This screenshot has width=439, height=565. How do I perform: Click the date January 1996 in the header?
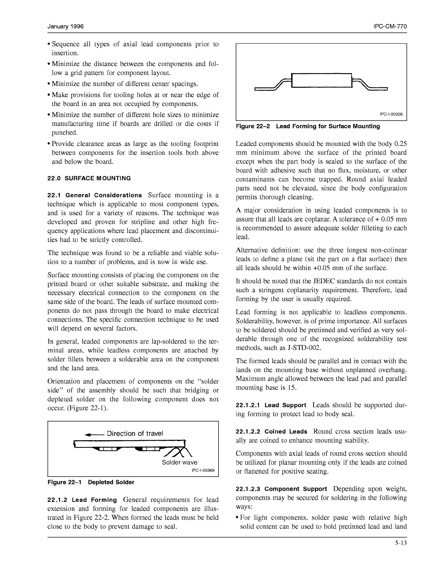pyautogui.click(x=65, y=27)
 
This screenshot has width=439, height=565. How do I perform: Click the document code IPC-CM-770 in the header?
pyautogui.click(x=389, y=27)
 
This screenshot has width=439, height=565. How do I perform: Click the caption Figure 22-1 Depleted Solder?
pyautogui.click(x=91, y=482)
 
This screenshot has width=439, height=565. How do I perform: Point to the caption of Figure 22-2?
pyautogui.click(x=308, y=126)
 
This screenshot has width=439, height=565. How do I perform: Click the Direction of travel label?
pyautogui.click(x=135, y=433)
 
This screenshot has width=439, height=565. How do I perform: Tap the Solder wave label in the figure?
pyautogui.click(x=179, y=462)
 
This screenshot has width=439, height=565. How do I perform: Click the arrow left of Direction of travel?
pyautogui.click(x=94, y=434)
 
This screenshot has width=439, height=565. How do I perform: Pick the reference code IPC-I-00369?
pyautogui.click(x=203, y=470)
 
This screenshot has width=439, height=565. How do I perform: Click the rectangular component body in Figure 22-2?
pyautogui.click(x=321, y=80)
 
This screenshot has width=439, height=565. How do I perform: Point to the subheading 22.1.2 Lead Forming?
pyautogui.click(x=82, y=500)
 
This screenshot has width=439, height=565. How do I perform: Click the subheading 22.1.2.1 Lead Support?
pyautogui.click(x=271, y=405)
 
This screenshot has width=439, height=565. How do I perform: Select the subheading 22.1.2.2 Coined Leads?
pyautogui.click(x=271, y=432)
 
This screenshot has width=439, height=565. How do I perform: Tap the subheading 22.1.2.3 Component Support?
pyautogui.click(x=281, y=489)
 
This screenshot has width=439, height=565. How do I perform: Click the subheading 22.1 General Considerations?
pyautogui.click(x=95, y=195)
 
